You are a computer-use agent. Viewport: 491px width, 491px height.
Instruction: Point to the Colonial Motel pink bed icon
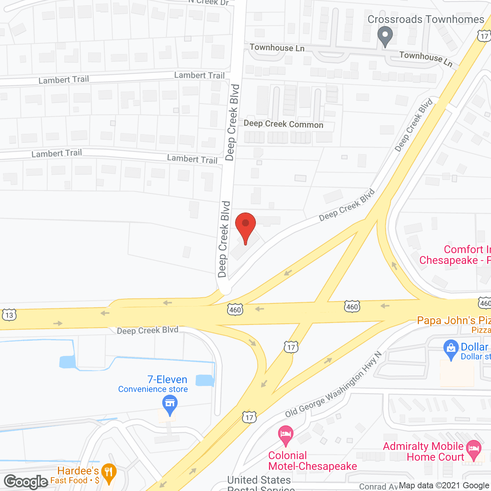(286, 435)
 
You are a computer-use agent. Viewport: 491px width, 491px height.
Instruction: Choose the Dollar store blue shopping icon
(451, 348)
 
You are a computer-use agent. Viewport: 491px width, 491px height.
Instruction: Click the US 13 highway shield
(9, 315)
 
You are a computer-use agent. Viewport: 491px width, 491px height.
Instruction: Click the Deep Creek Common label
(283, 124)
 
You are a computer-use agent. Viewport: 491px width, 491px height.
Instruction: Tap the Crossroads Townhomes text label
(426, 19)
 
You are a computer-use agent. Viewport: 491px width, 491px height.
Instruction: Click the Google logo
(26, 482)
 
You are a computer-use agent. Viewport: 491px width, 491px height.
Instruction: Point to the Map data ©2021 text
(444, 486)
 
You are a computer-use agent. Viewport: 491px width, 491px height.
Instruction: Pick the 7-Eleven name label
(167, 379)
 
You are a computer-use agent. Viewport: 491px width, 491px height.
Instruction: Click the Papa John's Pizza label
(454, 321)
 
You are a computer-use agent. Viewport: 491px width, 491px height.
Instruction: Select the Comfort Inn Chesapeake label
(455, 255)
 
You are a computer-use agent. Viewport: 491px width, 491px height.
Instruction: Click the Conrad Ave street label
(378, 486)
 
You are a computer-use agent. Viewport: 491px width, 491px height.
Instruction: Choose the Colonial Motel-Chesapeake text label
(312, 461)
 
